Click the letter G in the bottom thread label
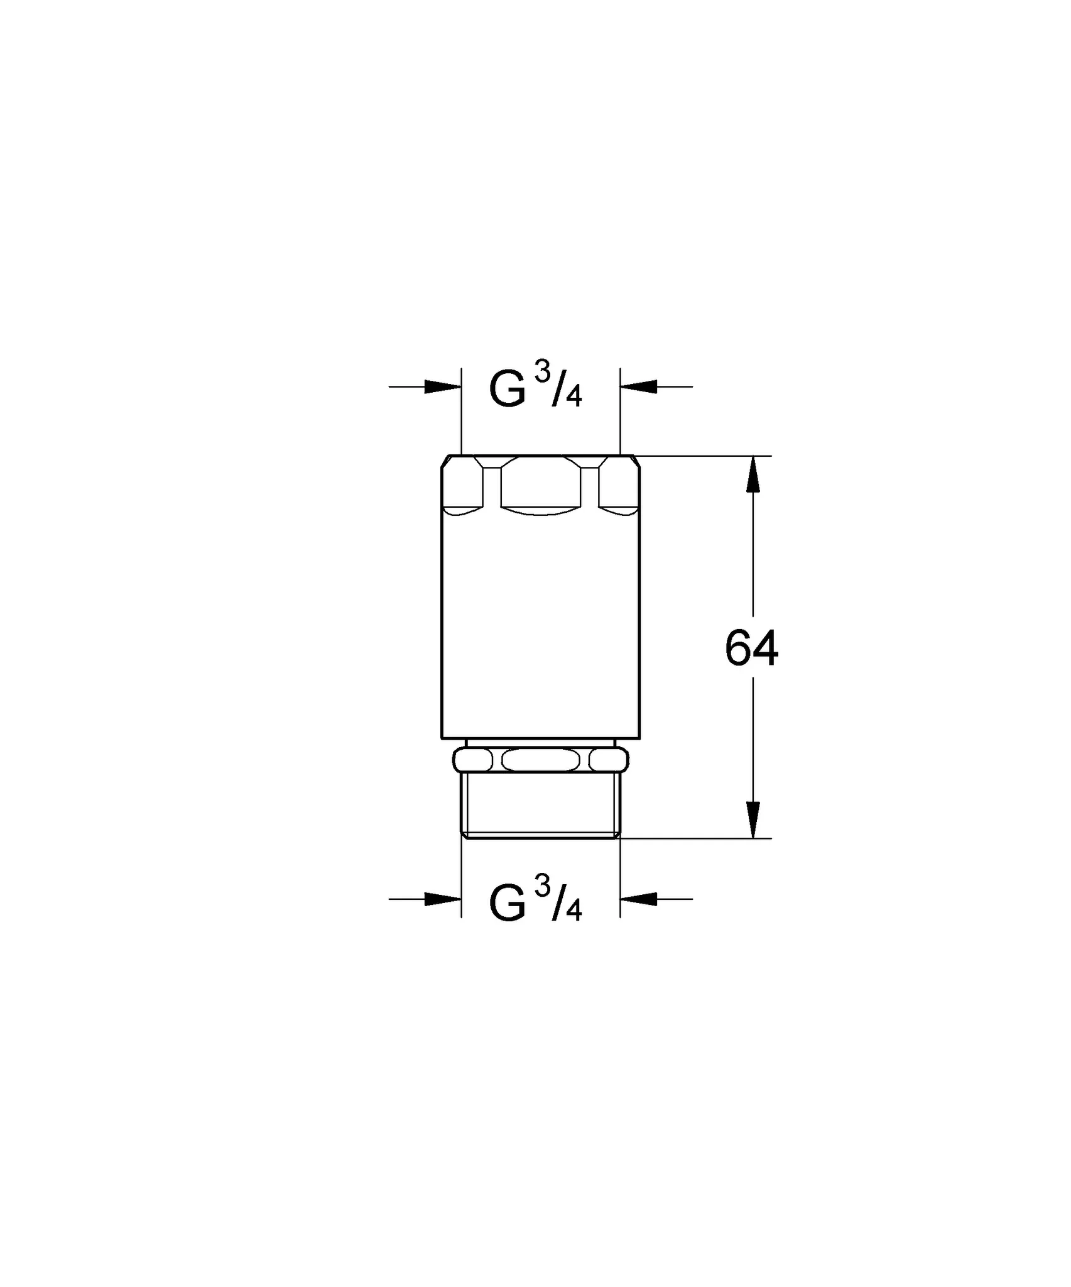click(x=507, y=905)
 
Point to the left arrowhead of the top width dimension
click(x=443, y=386)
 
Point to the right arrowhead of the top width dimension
click(x=638, y=386)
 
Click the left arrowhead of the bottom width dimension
click(x=443, y=899)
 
